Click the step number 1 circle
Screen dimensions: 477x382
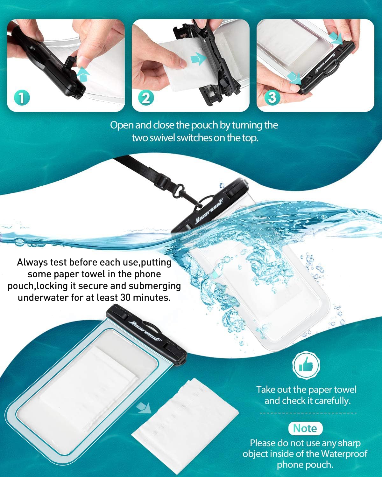click(21, 98)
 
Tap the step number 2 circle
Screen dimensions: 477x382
click(146, 98)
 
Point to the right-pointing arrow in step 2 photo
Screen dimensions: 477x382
click(198, 59)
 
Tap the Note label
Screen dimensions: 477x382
click(305, 428)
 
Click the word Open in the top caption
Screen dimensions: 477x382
click(122, 125)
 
